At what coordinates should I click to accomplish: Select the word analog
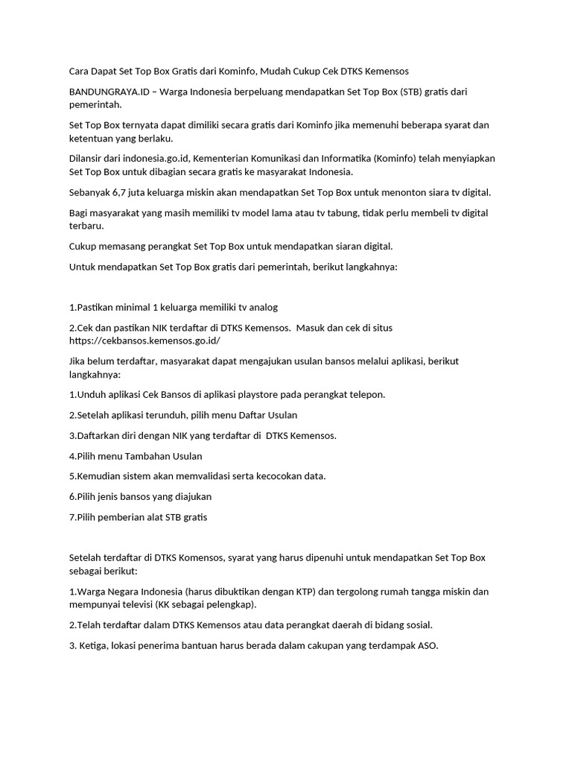pos(263,307)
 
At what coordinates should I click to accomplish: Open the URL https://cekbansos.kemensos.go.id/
pos(144,341)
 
